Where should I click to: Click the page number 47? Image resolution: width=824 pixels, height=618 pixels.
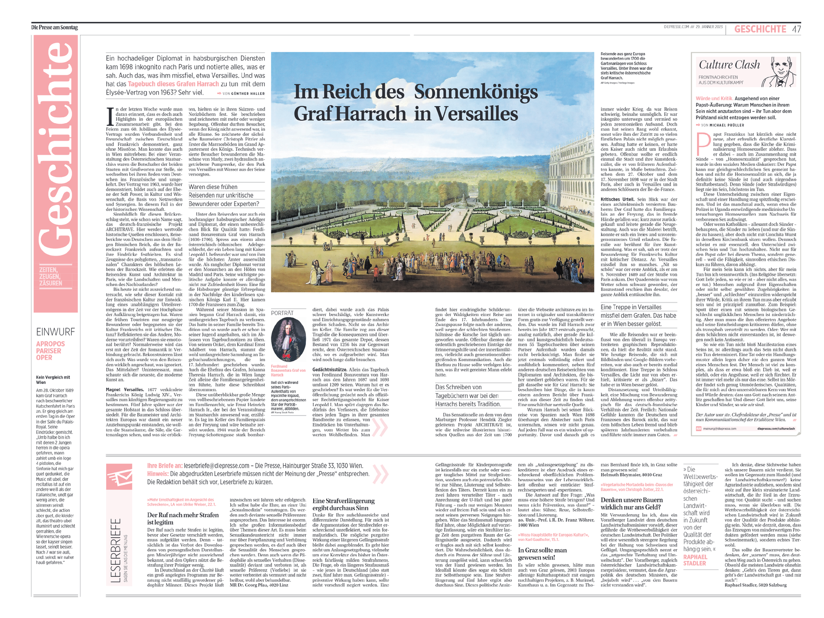(x=796, y=29)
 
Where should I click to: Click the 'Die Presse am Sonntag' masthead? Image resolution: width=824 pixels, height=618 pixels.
(x=54, y=28)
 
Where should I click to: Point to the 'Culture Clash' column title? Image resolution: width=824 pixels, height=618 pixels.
(x=729, y=65)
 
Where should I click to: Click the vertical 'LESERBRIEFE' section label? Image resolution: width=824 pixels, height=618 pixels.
(x=115, y=550)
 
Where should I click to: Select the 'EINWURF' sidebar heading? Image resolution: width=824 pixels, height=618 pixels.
(x=55, y=332)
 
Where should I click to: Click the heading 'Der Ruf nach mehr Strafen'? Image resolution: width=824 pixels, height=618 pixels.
(x=183, y=518)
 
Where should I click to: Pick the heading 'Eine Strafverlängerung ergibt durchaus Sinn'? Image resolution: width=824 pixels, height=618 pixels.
(x=343, y=504)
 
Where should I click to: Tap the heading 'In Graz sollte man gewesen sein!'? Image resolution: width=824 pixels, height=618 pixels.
(x=542, y=554)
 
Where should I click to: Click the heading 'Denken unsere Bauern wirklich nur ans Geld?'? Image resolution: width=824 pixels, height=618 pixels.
(x=632, y=503)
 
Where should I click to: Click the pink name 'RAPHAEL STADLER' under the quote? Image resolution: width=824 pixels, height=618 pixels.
(x=695, y=560)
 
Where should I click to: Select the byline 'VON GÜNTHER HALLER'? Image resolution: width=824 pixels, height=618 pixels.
(x=243, y=93)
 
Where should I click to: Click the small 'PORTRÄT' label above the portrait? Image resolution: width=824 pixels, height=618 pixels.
(x=282, y=313)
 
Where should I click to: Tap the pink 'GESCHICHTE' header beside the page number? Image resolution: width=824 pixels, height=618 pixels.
(x=760, y=29)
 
